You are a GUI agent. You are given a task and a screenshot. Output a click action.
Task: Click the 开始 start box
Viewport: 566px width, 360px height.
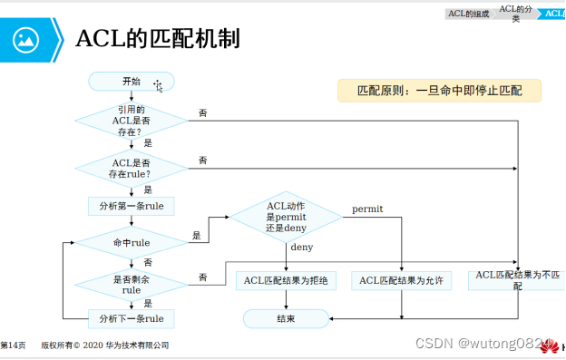[x=131, y=83]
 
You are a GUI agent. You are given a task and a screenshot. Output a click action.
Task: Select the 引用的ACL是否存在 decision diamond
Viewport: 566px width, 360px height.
[x=132, y=119]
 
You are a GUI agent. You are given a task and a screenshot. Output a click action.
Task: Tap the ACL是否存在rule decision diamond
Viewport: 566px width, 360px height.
[x=132, y=167]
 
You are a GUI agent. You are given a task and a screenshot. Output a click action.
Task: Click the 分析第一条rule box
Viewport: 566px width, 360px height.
[x=132, y=206]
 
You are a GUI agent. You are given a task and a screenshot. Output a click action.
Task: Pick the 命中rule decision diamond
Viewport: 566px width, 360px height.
[x=132, y=243]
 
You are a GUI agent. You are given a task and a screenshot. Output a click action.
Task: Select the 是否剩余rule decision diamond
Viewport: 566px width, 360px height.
[x=132, y=285]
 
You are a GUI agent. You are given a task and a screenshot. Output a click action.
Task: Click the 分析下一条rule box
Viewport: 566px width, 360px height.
[x=132, y=318]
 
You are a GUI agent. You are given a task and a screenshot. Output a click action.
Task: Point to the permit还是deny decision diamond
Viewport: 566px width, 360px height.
[x=287, y=217]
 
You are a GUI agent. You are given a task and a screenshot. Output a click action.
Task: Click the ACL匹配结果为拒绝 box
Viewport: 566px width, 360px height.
[x=286, y=281]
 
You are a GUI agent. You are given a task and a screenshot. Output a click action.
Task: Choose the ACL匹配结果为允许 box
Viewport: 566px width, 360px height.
[x=401, y=281]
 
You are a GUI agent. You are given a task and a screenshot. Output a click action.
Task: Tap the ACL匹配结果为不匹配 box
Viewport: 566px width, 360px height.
[x=517, y=279]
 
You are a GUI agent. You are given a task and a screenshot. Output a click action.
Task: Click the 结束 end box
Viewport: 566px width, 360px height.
[x=286, y=318]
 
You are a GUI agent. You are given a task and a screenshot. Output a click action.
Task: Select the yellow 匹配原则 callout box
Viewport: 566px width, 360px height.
[x=439, y=91]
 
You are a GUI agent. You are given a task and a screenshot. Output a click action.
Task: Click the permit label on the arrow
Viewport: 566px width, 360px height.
[x=367, y=209]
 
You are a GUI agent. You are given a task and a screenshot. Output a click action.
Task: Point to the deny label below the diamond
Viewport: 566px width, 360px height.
[x=301, y=247]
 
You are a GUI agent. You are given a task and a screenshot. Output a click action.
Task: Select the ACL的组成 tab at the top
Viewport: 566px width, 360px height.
[x=468, y=13]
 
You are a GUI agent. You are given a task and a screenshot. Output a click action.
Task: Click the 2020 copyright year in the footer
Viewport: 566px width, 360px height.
[x=94, y=345]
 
